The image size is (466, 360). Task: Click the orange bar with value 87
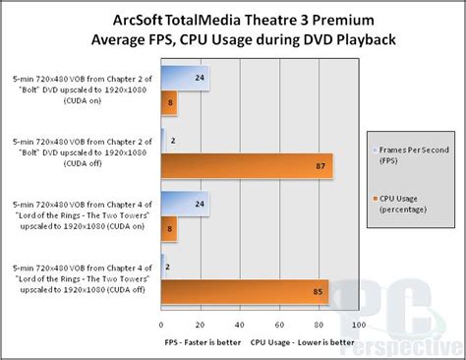[x=246, y=166]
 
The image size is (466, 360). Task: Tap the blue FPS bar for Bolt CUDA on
[x=184, y=78]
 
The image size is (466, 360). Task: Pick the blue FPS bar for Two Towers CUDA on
[x=184, y=204]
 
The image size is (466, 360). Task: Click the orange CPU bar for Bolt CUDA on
[x=168, y=102]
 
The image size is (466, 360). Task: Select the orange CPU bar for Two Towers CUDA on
[x=168, y=228]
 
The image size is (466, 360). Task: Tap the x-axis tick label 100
[x=358, y=325]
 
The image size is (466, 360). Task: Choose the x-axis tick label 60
[x=279, y=325]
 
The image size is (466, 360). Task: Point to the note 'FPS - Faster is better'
[x=203, y=344]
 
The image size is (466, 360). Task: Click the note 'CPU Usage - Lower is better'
[x=303, y=344]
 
